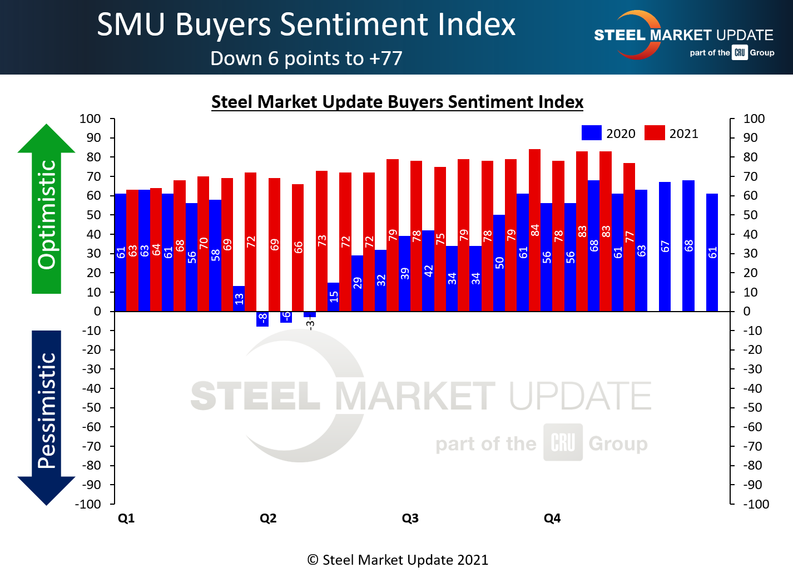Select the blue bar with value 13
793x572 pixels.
239,298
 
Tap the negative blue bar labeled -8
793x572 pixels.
262,319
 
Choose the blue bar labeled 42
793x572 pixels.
428,270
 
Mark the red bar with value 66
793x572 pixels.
298,247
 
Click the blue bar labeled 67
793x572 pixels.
665,246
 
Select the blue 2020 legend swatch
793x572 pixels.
591,133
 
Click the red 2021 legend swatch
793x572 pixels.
655,133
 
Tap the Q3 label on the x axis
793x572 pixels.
410,518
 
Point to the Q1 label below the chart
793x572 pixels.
126,518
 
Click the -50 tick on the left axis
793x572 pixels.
91,407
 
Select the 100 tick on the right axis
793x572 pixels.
754,119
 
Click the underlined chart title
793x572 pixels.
397,102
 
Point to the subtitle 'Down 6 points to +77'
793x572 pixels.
306,58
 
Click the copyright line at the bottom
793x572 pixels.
397,560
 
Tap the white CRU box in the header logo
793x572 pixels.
739,53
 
